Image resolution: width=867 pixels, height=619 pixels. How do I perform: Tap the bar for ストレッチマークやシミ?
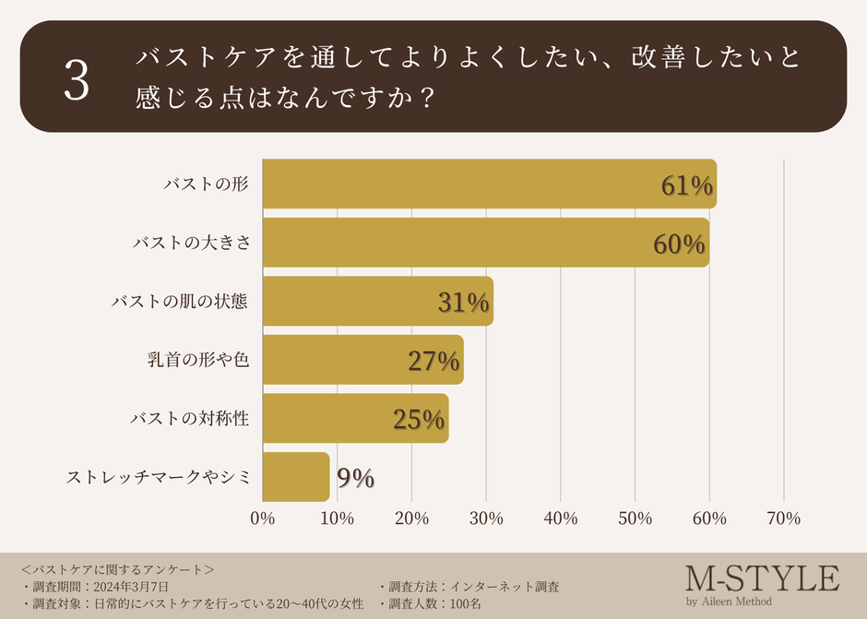(295, 477)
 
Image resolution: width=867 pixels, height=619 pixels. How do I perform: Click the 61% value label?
(686, 186)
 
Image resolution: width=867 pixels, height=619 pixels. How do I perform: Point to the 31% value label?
(463, 304)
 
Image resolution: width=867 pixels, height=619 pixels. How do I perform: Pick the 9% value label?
(355, 478)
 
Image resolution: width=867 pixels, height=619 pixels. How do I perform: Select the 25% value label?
(419, 420)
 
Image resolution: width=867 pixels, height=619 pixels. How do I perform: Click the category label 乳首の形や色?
(198, 360)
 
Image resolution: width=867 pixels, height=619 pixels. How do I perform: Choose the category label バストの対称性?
(189, 419)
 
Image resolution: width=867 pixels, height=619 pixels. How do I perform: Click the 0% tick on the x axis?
(263, 518)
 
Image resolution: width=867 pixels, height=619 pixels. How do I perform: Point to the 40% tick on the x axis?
(561, 518)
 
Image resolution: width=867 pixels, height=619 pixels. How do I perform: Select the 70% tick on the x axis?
(783, 518)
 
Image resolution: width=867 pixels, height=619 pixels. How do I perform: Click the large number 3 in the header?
(77, 82)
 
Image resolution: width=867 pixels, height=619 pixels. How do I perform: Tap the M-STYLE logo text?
(762, 578)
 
